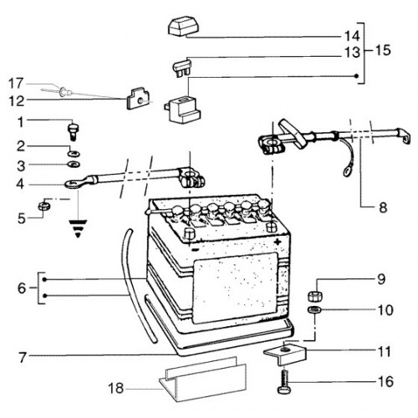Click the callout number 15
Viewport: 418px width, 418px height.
tap(383, 50)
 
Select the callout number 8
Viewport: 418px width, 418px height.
tap(383, 207)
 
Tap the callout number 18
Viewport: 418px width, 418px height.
tap(115, 388)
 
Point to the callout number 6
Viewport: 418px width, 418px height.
tap(22, 288)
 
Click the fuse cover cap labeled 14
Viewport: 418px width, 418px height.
tap(182, 27)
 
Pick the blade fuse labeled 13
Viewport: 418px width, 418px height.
tap(182, 67)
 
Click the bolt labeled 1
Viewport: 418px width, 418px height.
tap(74, 132)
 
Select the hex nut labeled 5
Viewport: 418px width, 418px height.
tap(44, 206)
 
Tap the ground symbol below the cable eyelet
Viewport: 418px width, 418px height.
tap(78, 228)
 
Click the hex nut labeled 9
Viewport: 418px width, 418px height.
tap(315, 296)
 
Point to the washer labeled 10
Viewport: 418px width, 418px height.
tap(314, 309)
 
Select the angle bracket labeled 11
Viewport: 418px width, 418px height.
tap(285, 354)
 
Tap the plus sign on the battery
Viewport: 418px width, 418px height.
tap(278, 242)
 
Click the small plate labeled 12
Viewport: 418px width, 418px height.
tap(138, 99)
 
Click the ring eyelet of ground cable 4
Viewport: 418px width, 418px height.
tap(73, 184)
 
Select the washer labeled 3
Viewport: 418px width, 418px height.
tap(74, 165)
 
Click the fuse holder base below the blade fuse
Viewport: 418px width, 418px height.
tap(182, 110)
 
